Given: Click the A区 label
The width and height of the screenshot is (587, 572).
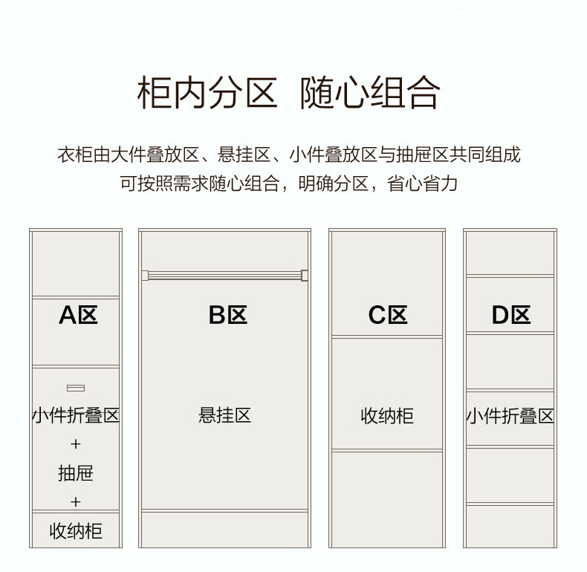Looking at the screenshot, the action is click(x=78, y=315).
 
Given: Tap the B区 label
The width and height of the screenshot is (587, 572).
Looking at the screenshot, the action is click(x=228, y=315).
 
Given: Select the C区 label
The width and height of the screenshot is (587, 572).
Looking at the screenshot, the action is click(x=388, y=315).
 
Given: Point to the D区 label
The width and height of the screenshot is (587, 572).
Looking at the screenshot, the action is click(x=511, y=315).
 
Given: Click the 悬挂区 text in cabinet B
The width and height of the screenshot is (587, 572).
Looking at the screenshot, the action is click(x=224, y=415).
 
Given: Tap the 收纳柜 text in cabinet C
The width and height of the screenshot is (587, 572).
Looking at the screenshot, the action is click(x=387, y=416).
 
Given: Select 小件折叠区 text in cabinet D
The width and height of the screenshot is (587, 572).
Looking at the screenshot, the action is click(x=510, y=416).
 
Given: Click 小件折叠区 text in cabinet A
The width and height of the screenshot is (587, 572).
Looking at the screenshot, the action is click(x=76, y=415).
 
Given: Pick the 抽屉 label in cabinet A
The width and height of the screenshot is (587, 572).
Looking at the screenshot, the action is click(x=76, y=473).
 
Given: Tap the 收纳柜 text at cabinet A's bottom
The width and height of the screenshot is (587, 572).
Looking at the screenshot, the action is click(x=76, y=531).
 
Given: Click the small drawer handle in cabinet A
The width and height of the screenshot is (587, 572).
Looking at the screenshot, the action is click(x=76, y=389).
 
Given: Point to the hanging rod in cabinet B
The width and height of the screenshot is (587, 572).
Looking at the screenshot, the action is click(x=224, y=276).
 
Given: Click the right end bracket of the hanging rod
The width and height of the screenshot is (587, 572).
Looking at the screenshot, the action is click(x=305, y=276).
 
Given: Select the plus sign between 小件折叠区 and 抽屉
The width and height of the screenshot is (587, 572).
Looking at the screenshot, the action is click(x=76, y=444).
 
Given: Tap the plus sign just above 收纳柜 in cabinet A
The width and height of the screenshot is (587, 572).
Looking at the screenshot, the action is click(x=76, y=501).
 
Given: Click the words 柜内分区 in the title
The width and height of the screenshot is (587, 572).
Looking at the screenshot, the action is click(x=207, y=92).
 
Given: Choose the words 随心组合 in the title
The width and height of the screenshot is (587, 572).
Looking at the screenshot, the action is click(x=370, y=92).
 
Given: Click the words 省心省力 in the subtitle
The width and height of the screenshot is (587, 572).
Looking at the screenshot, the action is click(x=422, y=183).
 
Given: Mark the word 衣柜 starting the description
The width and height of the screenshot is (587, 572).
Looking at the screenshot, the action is click(x=75, y=155).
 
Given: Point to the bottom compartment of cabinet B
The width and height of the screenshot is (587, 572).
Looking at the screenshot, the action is click(x=224, y=530).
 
